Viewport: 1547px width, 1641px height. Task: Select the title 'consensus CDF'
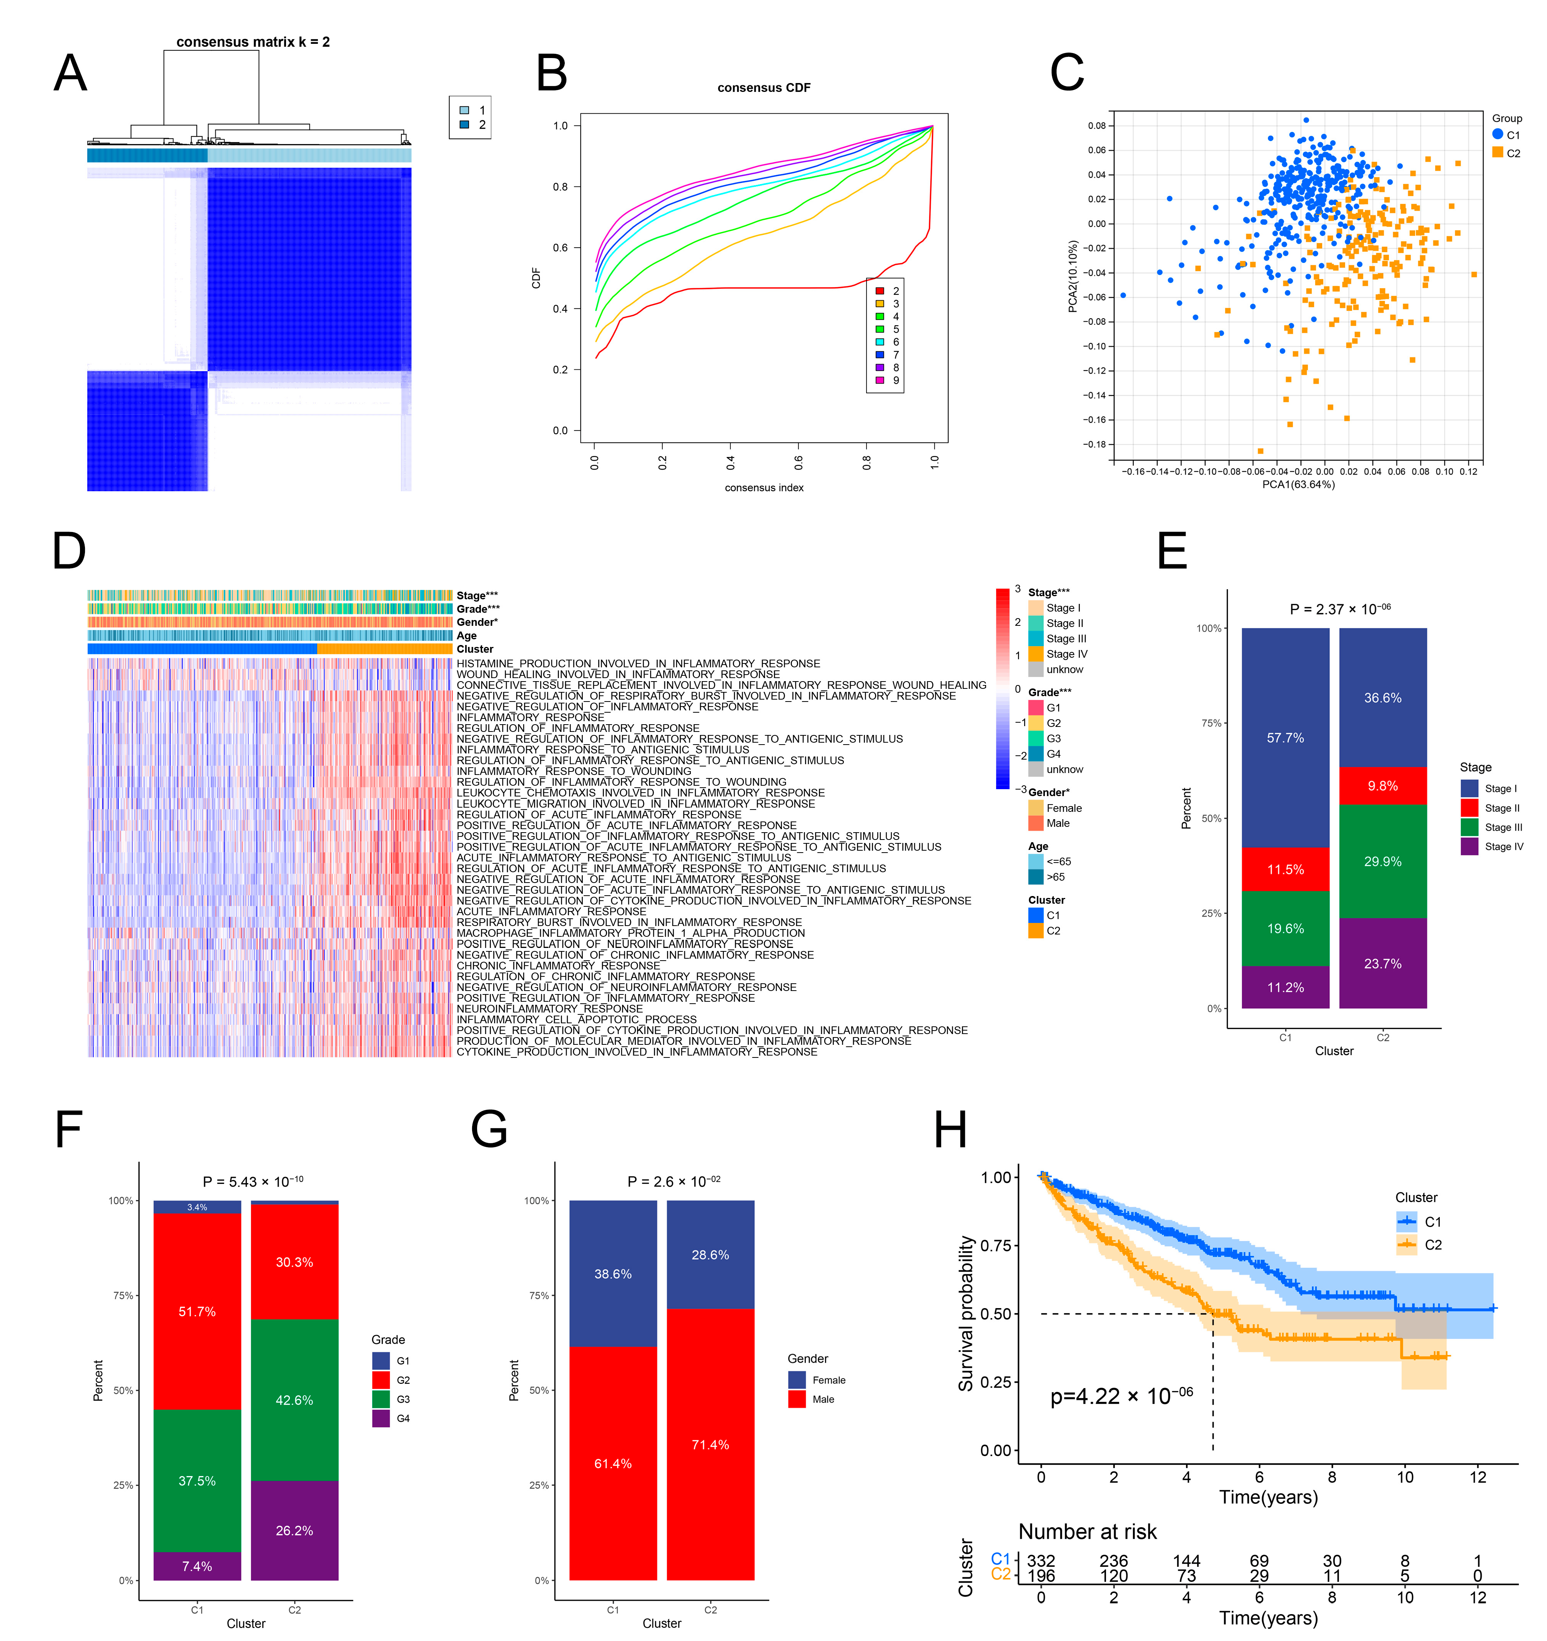pyautogui.click(x=764, y=88)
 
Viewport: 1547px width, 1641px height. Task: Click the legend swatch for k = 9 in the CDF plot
pyautogui.click(x=880, y=381)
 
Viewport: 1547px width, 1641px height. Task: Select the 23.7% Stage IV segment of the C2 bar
pyautogui.click(x=1383, y=963)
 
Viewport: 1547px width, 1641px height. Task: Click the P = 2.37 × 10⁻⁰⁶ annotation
pyautogui.click(x=1340, y=609)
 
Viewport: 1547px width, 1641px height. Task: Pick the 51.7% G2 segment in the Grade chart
pyautogui.click(x=197, y=1312)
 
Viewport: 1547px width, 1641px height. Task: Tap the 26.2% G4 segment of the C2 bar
pyautogui.click(x=295, y=1530)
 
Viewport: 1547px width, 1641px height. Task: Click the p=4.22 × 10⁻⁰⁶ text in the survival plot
pyautogui.click(x=1121, y=1397)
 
